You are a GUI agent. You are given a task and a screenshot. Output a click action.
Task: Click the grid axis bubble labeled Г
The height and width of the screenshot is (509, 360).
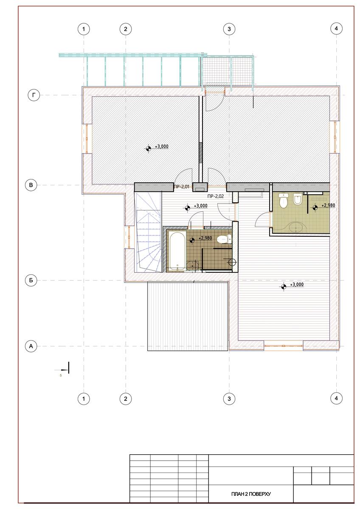34,95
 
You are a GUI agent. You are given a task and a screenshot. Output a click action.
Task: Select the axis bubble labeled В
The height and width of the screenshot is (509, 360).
31,185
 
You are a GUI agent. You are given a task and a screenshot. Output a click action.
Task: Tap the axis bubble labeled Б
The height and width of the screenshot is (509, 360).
31,280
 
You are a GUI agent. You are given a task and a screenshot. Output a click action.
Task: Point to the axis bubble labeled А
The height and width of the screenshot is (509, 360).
31,346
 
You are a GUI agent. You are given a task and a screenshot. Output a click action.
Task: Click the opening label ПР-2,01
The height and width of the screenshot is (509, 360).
182,187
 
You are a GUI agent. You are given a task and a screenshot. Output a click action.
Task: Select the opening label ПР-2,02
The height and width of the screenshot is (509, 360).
216,196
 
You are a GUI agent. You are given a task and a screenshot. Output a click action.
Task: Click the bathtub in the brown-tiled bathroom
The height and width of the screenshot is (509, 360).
177,252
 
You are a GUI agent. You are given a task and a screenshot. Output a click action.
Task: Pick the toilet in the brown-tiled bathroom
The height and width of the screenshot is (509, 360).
224,239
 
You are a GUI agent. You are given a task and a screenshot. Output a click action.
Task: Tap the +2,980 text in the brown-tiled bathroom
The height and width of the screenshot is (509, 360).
205,238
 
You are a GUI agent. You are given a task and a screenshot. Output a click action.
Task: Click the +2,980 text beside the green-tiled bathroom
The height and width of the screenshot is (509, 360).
328,205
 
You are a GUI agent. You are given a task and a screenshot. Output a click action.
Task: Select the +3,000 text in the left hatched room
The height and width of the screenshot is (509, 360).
162,147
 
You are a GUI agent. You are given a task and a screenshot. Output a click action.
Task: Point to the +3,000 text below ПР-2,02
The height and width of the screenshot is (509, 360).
200,206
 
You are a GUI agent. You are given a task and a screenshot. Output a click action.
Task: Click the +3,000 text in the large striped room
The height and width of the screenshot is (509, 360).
297,285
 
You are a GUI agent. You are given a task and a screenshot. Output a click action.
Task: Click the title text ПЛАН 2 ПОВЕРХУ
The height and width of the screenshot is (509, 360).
251,494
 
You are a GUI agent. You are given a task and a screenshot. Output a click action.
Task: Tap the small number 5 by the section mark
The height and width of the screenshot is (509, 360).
61,375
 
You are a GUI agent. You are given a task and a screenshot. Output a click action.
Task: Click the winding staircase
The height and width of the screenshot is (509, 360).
148,232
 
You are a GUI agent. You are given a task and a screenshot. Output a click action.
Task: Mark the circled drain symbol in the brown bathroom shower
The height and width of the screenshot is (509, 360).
232,262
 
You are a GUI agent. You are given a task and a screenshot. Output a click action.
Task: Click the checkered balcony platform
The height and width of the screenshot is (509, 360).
216,71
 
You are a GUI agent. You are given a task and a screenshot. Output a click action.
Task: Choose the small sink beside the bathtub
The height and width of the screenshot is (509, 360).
193,266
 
